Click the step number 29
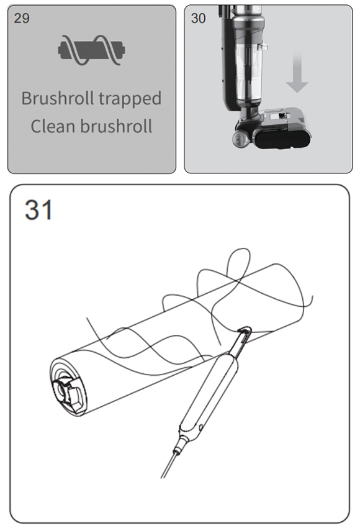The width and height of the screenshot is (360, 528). tap(22, 18)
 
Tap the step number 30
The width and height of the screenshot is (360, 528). tap(198, 18)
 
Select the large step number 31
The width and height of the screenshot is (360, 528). tap(38, 209)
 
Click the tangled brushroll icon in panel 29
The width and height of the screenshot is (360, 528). tap(91, 50)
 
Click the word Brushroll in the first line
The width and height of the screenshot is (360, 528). tap(58, 98)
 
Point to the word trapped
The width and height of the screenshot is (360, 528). tap(130, 99)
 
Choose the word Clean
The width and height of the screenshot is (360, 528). tap(53, 127)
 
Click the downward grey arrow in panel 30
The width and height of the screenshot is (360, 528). tap(297, 74)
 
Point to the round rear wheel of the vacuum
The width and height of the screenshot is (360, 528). tap(240, 138)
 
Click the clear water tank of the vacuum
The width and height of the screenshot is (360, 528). tap(248, 73)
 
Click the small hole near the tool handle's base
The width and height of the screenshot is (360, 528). tap(201, 428)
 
